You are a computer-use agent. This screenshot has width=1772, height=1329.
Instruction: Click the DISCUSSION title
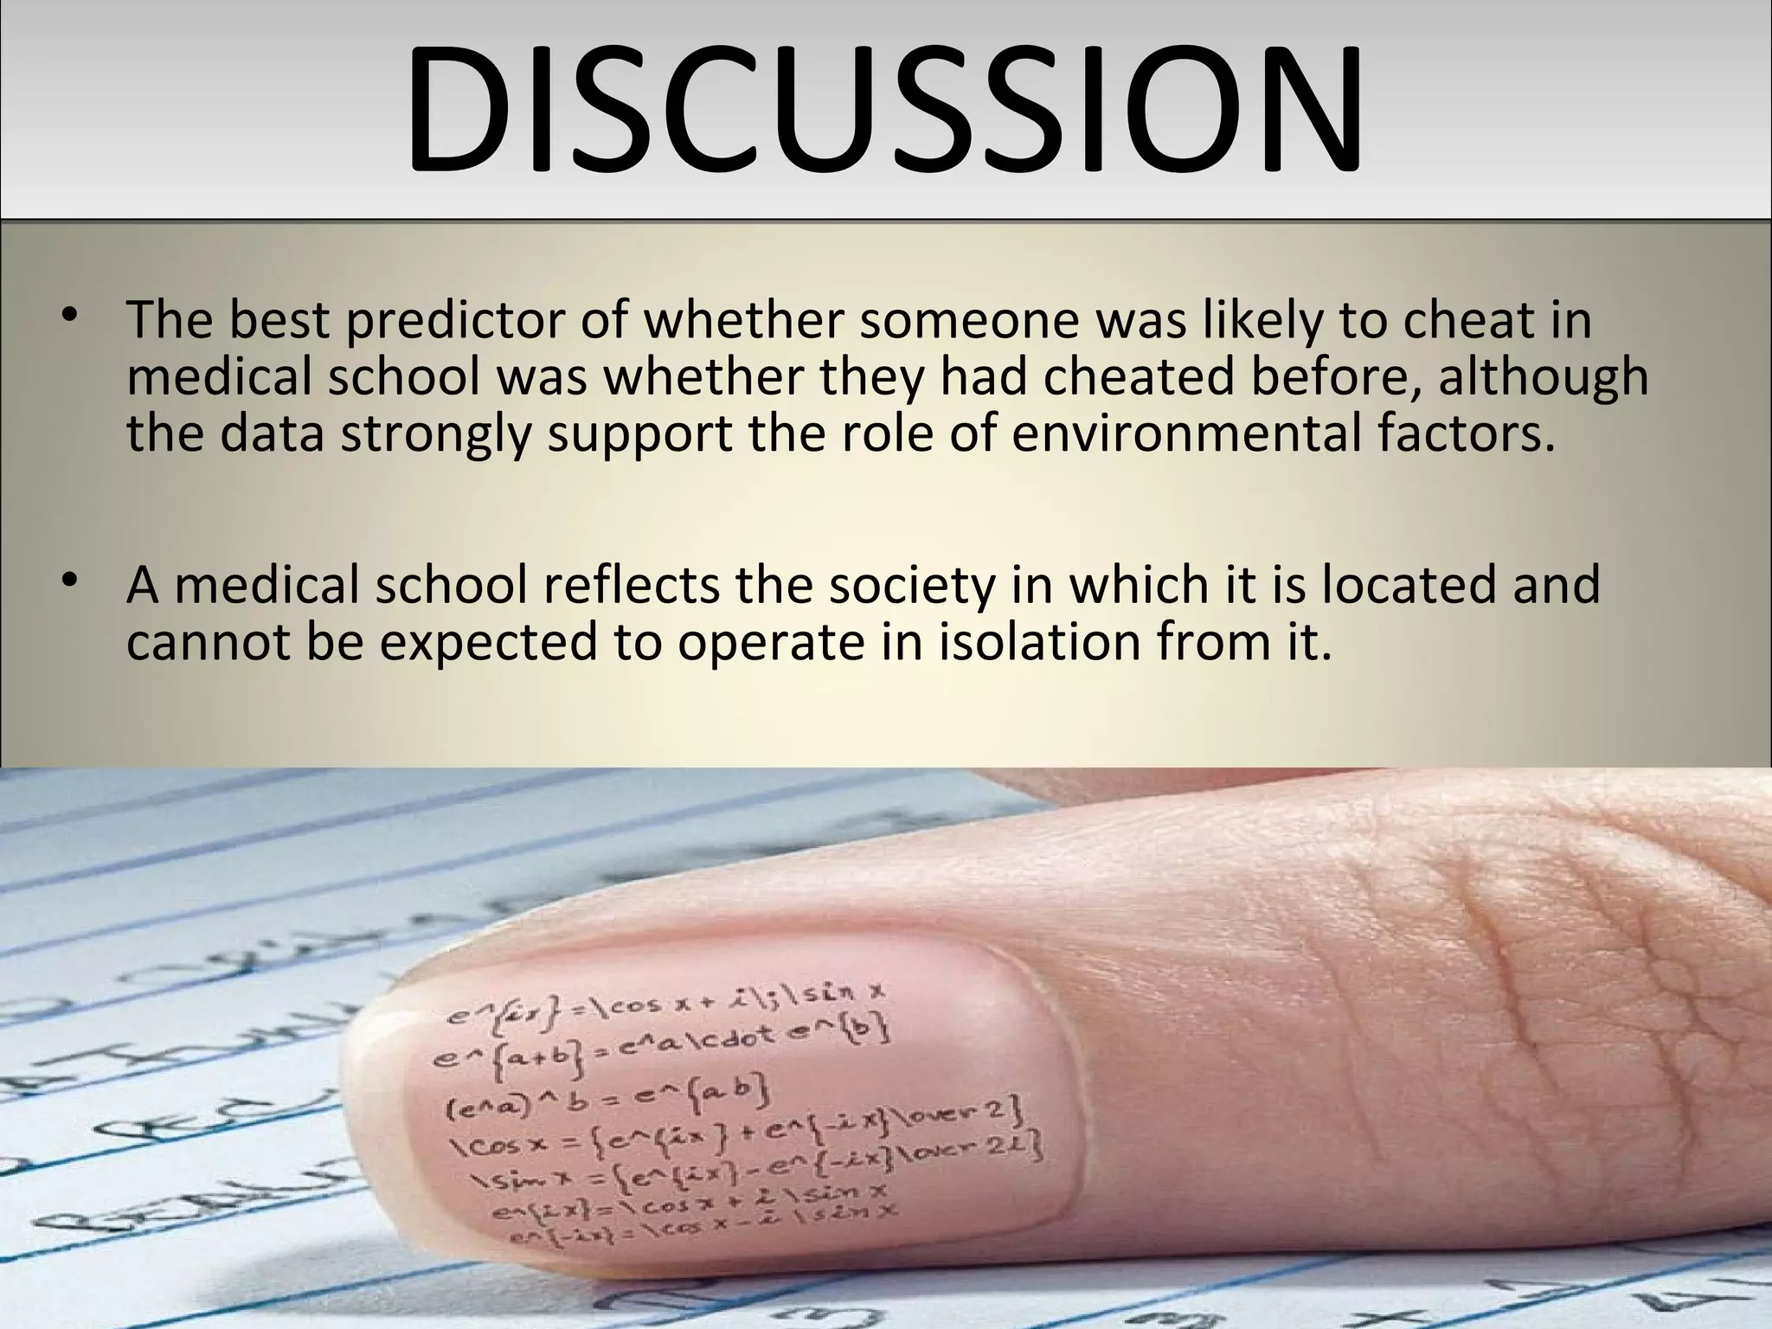click(884, 107)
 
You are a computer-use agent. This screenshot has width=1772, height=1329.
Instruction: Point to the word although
click(1543, 377)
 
